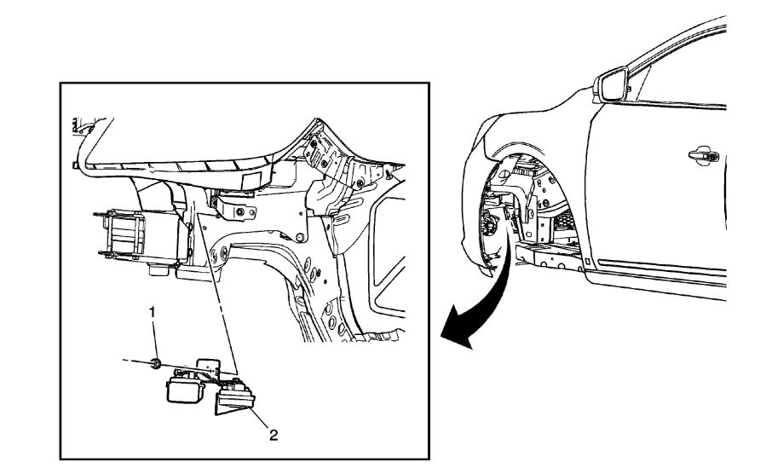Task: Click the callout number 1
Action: coord(153,313)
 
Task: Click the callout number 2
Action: coord(274,435)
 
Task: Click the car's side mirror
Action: coord(611,86)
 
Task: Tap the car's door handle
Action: coord(705,156)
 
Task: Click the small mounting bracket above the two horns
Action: coord(210,365)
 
